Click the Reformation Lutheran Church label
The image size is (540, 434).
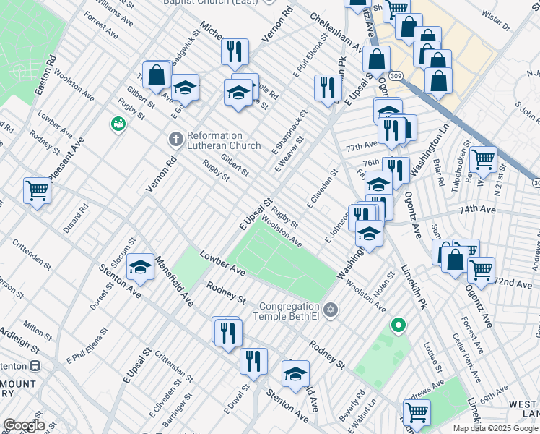point(224,140)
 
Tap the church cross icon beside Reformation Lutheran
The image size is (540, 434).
point(175,137)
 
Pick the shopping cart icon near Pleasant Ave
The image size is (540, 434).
point(37,191)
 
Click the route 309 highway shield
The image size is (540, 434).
point(395,75)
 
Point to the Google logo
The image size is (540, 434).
point(23,425)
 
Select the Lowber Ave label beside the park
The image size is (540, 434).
point(227,263)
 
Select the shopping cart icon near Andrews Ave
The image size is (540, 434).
point(417,412)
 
